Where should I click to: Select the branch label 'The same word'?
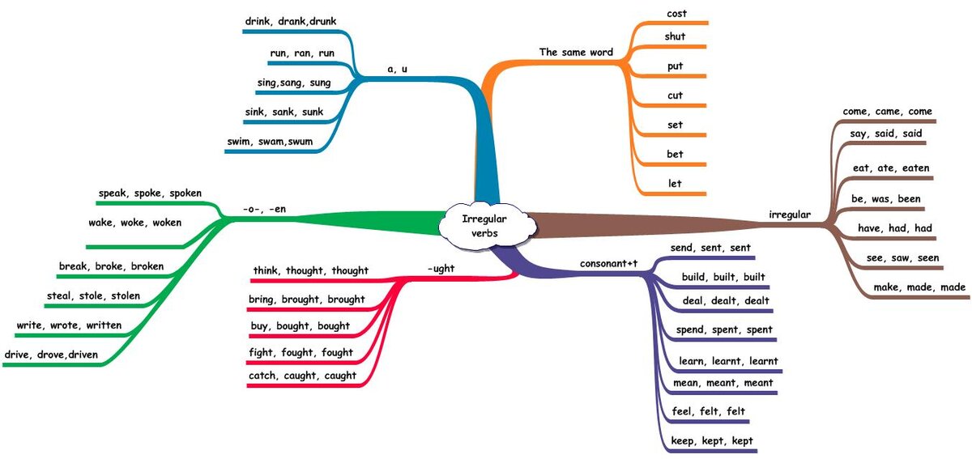coord(576,53)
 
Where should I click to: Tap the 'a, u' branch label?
coord(397,69)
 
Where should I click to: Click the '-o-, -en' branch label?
coord(264,209)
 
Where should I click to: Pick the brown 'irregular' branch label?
coord(789,215)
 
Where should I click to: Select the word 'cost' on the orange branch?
coord(676,14)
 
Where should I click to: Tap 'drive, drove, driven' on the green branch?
coord(52,354)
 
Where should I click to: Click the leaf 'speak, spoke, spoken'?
coord(150,193)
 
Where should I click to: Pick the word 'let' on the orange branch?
coord(675,184)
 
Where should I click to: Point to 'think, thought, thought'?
coord(310,270)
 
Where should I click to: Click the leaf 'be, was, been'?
coord(885,198)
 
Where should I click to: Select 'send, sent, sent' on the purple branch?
coord(710,247)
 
